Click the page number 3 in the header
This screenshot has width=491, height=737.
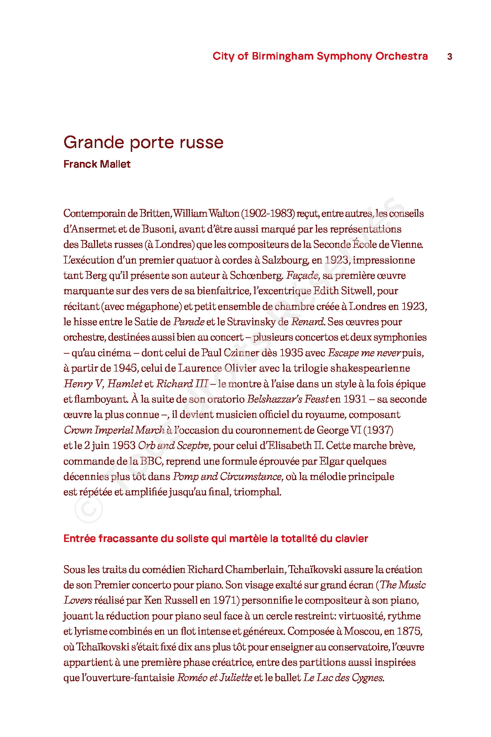click(450, 56)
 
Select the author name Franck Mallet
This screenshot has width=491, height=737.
click(97, 164)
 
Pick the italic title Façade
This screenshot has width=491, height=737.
click(303, 276)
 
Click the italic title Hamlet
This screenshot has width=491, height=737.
click(125, 384)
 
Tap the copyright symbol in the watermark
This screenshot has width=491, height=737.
click(88, 509)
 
